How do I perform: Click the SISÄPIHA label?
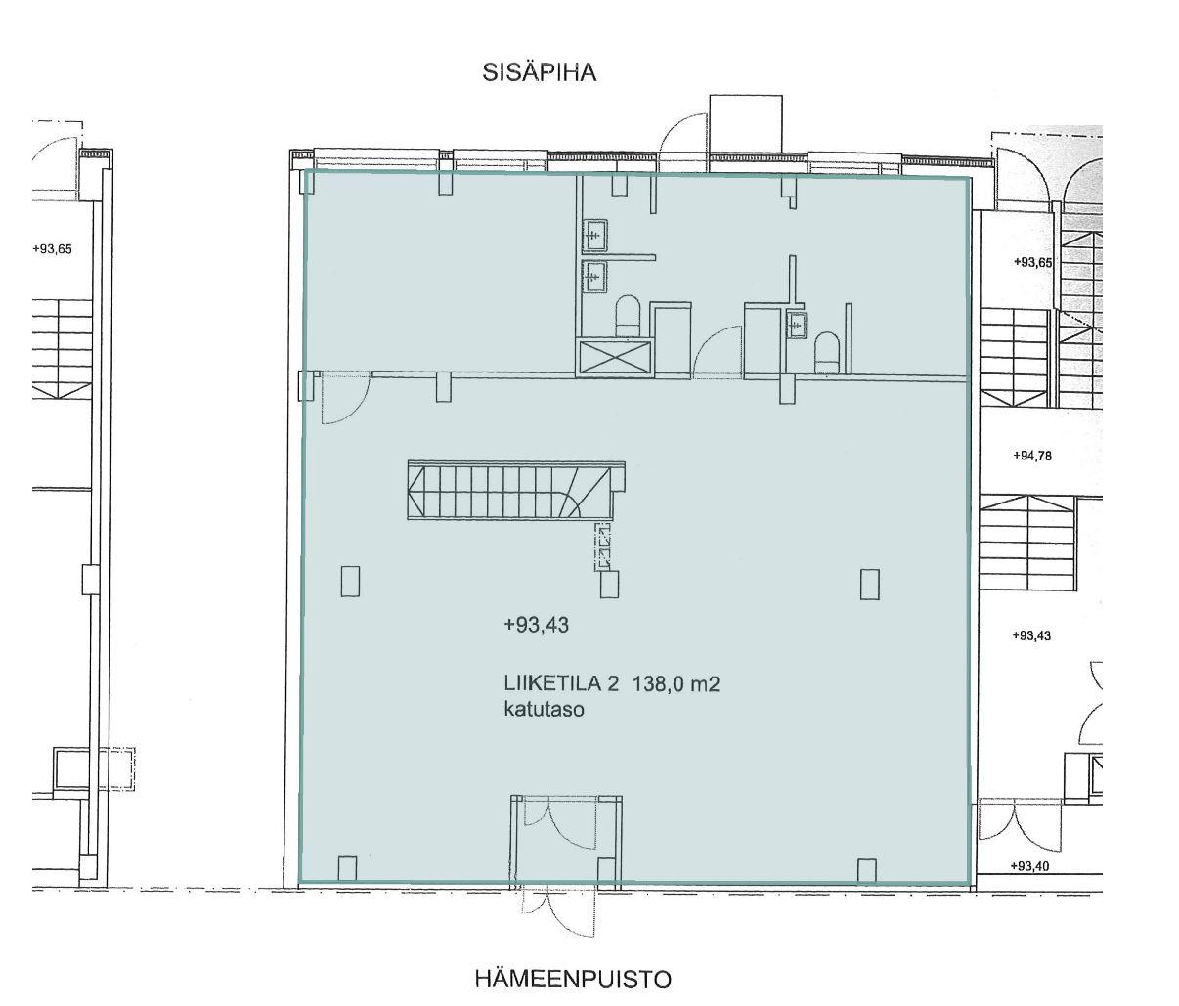[x=539, y=72]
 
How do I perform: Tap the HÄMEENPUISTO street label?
[x=573, y=980]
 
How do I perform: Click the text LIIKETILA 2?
[x=561, y=683]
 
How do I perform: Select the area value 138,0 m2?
[x=676, y=683]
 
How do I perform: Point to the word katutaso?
[x=544, y=711]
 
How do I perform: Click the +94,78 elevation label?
[x=1031, y=456]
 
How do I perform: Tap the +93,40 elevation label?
[x=1029, y=866]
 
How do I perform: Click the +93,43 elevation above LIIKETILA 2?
[x=536, y=625]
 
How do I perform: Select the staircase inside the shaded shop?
[x=515, y=491]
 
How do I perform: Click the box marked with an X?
[x=614, y=358]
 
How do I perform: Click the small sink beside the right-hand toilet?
[x=797, y=325]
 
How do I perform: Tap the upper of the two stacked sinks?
[x=595, y=236]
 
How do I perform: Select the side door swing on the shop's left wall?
[x=345, y=401]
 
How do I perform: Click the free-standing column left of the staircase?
[x=350, y=581]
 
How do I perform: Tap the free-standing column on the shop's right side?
[x=870, y=584]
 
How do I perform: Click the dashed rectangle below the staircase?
[x=604, y=547]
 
